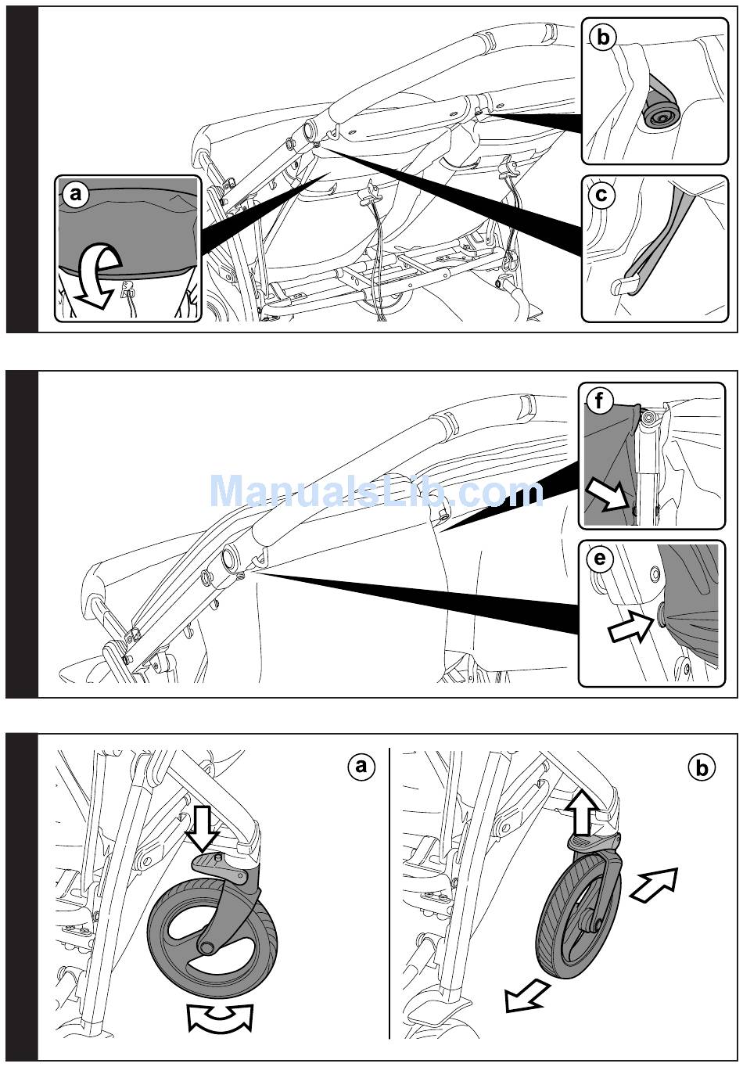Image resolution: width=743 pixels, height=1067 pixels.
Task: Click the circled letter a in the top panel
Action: click(75, 195)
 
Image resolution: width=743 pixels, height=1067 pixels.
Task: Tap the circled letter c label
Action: click(601, 195)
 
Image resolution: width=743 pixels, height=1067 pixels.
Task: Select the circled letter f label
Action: click(599, 402)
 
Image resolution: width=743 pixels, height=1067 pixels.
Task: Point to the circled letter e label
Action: click(599, 559)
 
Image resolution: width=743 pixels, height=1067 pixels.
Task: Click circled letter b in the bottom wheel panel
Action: click(702, 768)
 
